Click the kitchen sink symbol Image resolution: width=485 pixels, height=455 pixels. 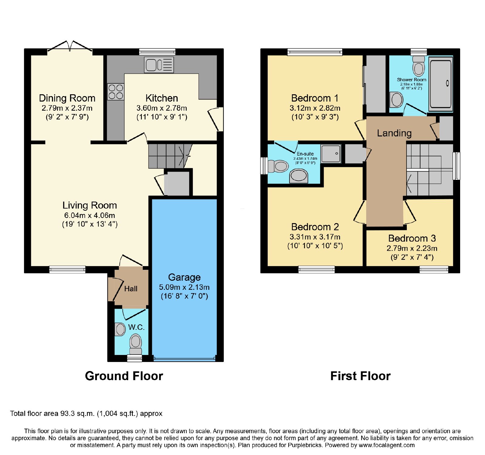click(159, 65)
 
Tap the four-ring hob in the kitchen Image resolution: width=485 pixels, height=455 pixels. click(116, 92)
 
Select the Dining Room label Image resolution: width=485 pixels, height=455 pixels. click(67, 98)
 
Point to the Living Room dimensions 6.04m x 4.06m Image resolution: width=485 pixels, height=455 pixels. click(89, 216)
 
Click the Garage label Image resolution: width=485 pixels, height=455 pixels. click(184, 277)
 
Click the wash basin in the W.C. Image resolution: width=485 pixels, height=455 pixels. click(120, 330)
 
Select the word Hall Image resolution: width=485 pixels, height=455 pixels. click(131, 289)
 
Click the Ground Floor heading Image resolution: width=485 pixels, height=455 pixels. click(124, 376)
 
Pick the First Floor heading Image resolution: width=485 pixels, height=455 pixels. click(360, 376)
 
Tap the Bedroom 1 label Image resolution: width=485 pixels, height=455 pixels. click(315, 98)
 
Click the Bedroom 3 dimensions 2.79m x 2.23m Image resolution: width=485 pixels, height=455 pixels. click(412, 249)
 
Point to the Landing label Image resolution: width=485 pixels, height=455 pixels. click(394, 133)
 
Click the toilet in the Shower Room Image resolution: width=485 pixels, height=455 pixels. click(419, 66)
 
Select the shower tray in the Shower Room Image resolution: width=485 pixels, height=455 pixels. click(440, 84)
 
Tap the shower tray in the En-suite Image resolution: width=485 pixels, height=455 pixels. click(331, 153)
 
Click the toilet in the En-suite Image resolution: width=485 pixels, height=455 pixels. click(278, 166)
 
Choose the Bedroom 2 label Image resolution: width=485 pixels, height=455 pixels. click(315, 227)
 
